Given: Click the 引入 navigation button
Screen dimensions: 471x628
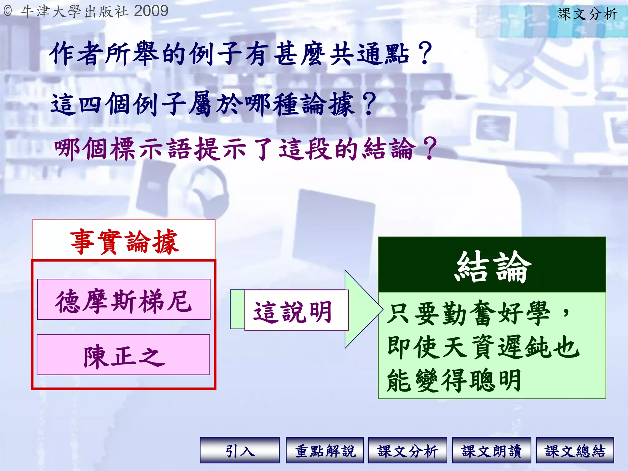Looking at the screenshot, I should (239, 450).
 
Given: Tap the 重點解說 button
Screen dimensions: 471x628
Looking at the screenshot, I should (325, 450).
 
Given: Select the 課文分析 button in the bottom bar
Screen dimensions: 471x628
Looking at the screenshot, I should (407, 450).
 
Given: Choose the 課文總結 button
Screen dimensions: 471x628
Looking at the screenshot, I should (575, 450).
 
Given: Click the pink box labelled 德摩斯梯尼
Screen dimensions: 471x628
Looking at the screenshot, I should (124, 300).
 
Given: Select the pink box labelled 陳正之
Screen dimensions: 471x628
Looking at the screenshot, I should (124, 355).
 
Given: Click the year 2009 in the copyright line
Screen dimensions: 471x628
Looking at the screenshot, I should (151, 11).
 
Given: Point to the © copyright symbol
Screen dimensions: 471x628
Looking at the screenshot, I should (8, 11).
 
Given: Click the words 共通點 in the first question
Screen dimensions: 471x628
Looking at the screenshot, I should (369, 54).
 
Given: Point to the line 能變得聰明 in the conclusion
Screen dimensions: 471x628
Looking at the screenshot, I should (454, 380).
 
